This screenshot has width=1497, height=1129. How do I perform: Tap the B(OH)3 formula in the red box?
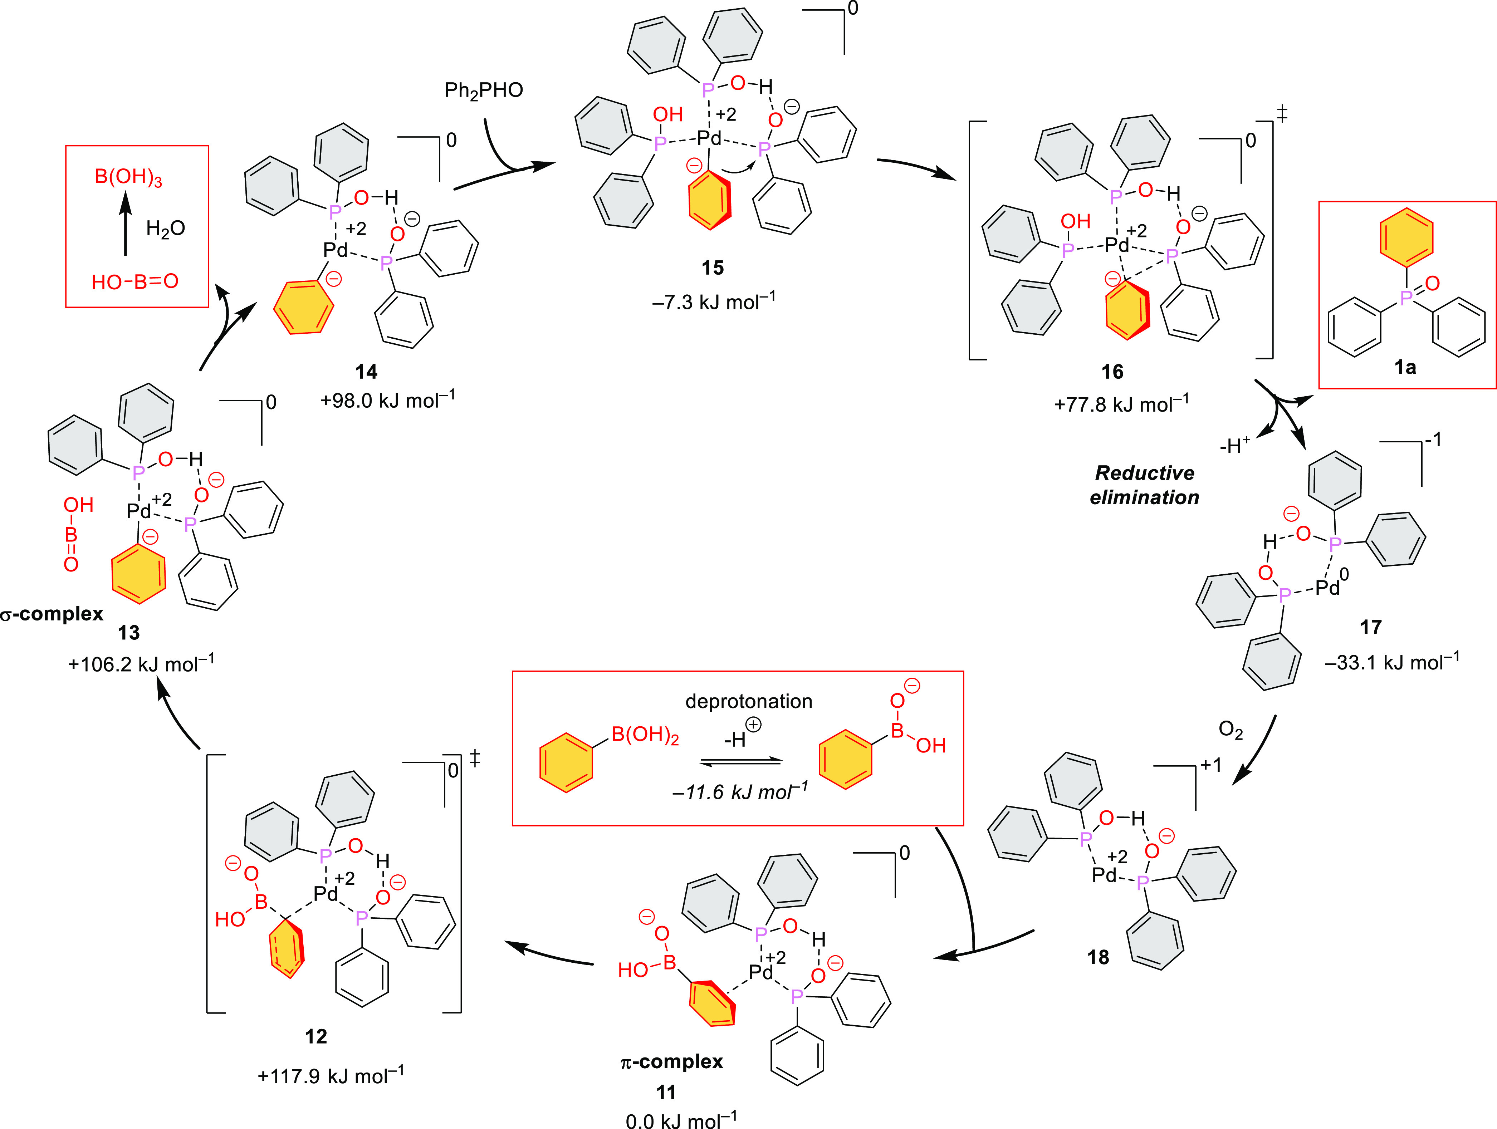coord(128,177)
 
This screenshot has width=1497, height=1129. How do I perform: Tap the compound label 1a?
coord(1405,367)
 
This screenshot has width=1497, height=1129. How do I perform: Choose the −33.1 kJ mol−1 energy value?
coord(1391,662)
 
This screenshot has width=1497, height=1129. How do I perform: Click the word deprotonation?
coord(748,702)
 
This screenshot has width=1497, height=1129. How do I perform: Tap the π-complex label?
coord(671,1061)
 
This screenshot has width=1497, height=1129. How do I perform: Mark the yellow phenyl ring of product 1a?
coord(1406,237)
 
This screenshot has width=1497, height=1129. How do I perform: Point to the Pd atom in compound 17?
coord(1327,587)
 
